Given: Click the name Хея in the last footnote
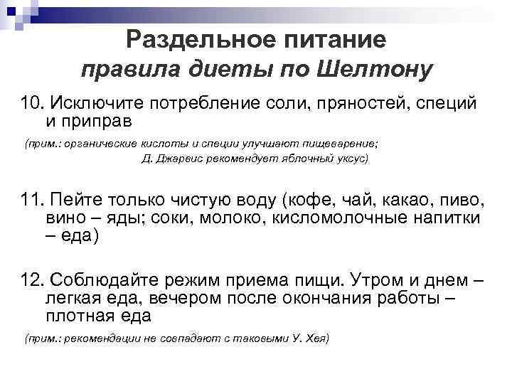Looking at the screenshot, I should coord(314,338).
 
